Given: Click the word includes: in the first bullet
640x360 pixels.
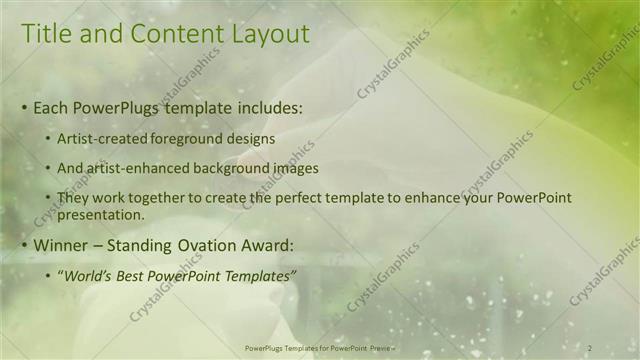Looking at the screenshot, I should pyautogui.click(x=263, y=107).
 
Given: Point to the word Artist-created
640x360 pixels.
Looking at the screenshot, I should pyautogui.click(x=97, y=139).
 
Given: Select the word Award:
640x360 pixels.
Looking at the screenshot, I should pyautogui.click(x=260, y=245).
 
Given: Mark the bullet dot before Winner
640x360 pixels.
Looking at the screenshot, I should pyautogui.click(x=25, y=246).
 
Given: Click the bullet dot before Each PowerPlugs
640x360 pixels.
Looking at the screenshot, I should pyautogui.click(x=25, y=108).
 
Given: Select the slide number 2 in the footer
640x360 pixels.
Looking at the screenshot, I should pyautogui.click(x=590, y=347).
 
